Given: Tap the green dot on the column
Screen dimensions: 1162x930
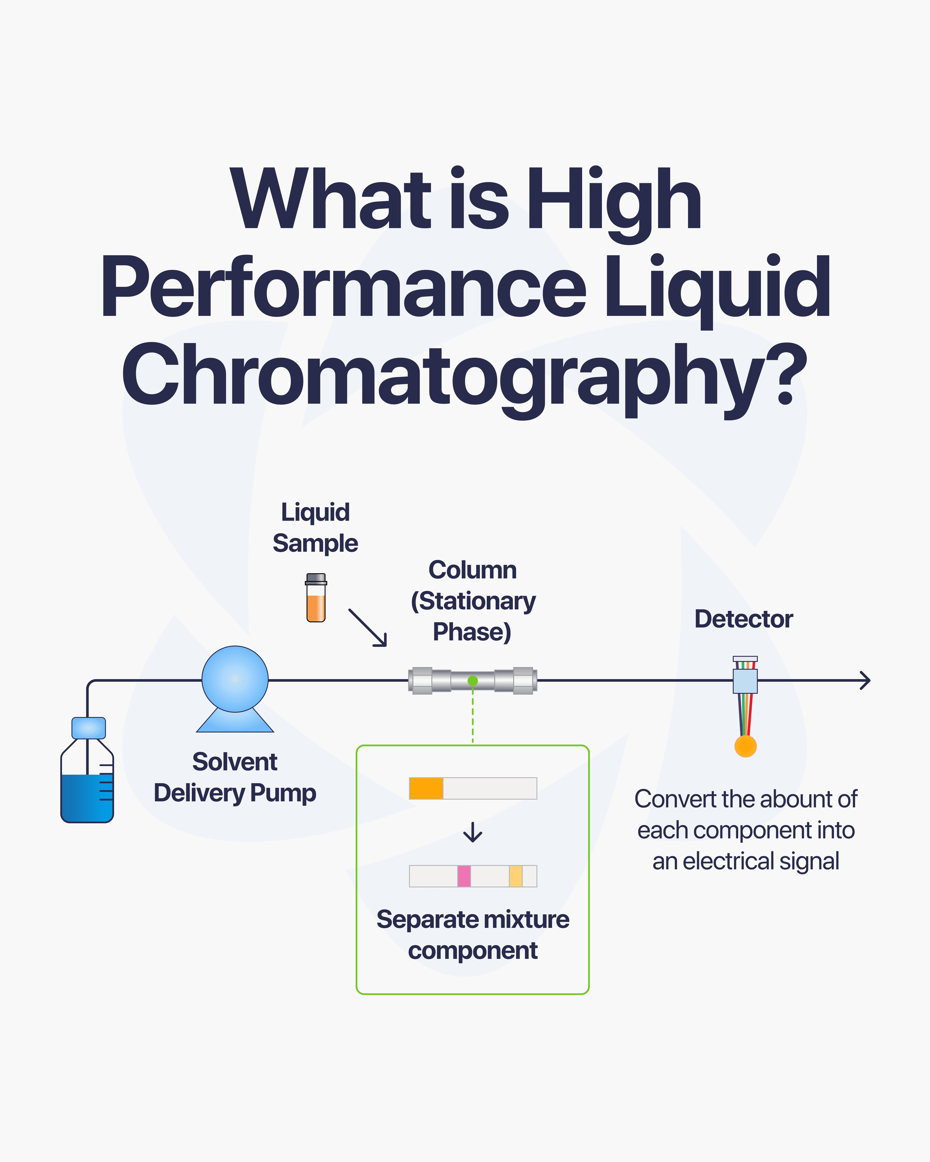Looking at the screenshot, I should pos(473,681).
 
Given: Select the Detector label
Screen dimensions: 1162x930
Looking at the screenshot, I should pos(743,619).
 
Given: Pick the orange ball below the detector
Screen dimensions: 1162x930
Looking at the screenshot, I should pos(746,746).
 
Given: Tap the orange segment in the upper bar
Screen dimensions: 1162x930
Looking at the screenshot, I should pos(426,788).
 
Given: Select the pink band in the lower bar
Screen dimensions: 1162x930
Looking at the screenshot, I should pos(464,876).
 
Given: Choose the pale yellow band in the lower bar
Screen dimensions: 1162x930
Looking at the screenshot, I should pos(515,876).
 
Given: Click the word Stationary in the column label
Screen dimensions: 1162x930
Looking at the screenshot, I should pos(477,601).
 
